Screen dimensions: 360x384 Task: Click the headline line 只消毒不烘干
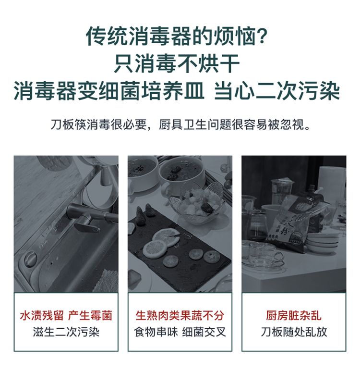(177, 63)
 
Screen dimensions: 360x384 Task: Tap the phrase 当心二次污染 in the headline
(277, 91)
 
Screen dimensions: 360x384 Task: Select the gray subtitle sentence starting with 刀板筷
(180, 124)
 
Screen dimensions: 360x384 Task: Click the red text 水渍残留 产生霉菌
(66, 316)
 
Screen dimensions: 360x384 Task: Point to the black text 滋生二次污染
(66, 332)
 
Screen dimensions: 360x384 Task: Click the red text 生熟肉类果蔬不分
(180, 316)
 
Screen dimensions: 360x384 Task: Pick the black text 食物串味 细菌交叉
(180, 332)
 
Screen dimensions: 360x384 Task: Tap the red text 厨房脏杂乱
(294, 316)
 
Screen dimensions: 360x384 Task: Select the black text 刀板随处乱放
(294, 332)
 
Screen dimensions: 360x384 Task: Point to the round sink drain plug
(30, 259)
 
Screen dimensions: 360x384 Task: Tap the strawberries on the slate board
(145, 213)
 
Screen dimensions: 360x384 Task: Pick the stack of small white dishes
(323, 242)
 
